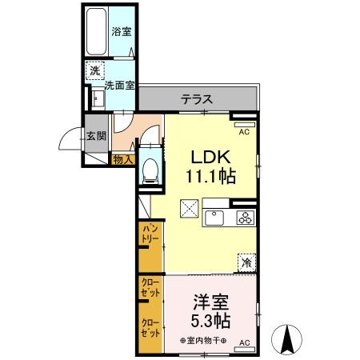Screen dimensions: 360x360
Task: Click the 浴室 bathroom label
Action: (121, 31)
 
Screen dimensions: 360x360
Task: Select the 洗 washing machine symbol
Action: (95, 70)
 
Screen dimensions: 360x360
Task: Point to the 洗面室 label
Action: (118, 84)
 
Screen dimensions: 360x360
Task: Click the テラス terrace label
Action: (196, 100)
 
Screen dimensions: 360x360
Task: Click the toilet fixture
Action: (150, 169)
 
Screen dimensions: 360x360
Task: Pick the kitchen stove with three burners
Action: (244, 218)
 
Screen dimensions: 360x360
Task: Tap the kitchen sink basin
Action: (217, 218)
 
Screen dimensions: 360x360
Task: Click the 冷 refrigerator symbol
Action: (247, 262)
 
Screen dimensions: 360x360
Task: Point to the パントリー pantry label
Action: (150, 236)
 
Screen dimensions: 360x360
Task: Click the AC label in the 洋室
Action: (244, 343)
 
